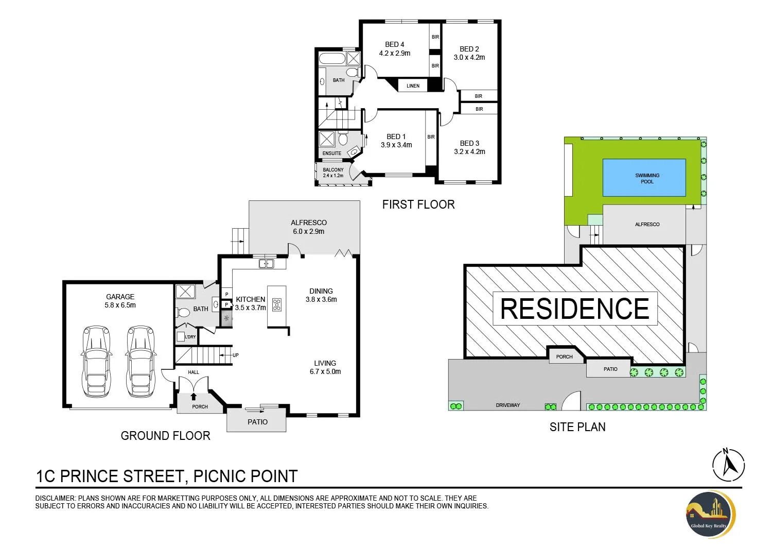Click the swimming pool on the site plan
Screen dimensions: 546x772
[644, 178]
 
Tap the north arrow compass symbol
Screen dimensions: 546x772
[728, 464]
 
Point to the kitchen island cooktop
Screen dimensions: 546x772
[277, 305]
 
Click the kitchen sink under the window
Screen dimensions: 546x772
[266, 264]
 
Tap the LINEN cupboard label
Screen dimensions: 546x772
[413, 86]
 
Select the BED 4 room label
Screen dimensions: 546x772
[395, 44]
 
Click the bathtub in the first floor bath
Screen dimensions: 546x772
[332, 58]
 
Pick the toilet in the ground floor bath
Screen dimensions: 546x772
[183, 312]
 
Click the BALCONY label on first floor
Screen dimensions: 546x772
[333, 169]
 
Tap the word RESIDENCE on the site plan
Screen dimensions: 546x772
[575, 309]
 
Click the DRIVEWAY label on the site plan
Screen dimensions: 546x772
[508, 405]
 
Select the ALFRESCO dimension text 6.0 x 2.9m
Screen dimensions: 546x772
[309, 232]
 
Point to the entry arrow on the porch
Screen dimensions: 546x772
[194, 396]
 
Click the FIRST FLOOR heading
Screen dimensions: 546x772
[418, 204]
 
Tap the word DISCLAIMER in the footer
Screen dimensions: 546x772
[55, 498]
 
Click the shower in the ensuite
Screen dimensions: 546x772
[327, 139]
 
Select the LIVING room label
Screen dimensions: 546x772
[325, 363]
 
